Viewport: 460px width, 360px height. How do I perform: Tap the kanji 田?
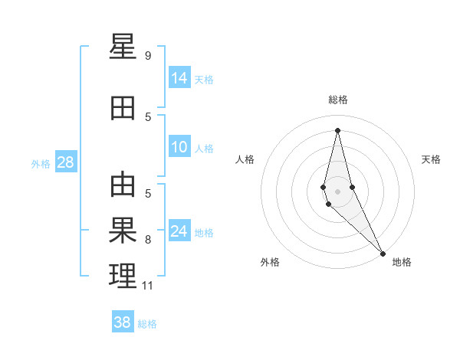coord(123,110)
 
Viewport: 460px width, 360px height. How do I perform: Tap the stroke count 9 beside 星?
coord(148,56)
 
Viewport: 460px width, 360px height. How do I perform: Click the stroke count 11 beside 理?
coord(147,286)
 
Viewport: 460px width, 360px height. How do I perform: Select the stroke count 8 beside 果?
coord(148,240)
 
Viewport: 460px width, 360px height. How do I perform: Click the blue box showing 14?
coord(179,77)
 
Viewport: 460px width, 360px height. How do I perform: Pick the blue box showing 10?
coord(179,148)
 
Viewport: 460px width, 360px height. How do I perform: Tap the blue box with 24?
coord(179,231)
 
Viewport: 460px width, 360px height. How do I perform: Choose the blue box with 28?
coord(65,162)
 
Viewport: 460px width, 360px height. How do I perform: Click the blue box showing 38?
coord(123,322)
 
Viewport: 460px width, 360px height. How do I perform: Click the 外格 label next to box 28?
coord(41,163)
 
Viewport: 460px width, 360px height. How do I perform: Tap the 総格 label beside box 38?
coord(147,324)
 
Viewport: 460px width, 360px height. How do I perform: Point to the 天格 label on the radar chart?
coord(431,159)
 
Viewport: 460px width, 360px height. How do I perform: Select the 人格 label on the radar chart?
coord(245,159)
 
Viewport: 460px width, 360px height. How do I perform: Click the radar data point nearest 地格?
coord(383,254)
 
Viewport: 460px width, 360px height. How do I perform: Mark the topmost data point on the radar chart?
coord(337,129)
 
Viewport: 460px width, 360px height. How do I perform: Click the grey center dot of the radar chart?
coord(337,191)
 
